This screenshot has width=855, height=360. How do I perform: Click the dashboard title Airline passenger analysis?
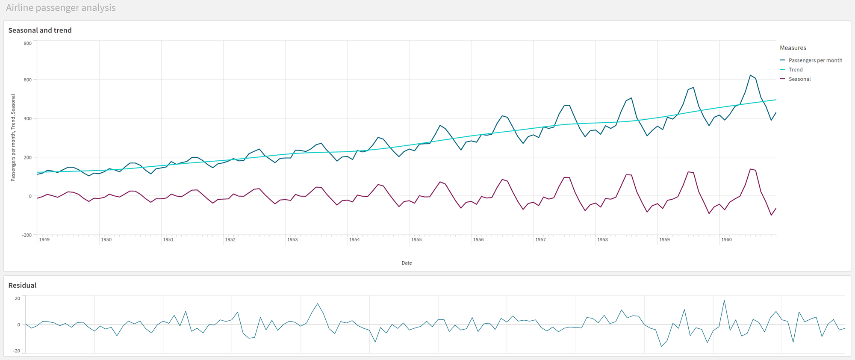coord(61,8)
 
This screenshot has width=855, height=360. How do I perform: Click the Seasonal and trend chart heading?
coord(40,30)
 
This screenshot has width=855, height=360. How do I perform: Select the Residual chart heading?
coord(22,285)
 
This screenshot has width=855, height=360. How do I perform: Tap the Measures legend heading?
coord(793,48)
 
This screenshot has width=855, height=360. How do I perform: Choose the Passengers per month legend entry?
coord(815,60)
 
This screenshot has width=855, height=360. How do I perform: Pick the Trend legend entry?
coord(795,70)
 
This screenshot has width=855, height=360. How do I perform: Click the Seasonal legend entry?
coord(799,79)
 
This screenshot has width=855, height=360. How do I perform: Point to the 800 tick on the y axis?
coord(27,43)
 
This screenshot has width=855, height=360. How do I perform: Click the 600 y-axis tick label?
coord(27,80)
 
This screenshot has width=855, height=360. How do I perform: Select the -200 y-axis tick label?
coord(27,235)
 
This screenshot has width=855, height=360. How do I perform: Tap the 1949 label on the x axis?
coord(44,239)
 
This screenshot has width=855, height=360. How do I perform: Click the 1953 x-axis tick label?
coord(292,239)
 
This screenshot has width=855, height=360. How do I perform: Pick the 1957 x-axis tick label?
coord(540,239)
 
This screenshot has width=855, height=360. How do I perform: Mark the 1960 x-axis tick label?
coord(726,239)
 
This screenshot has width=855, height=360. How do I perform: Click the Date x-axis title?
coord(407,263)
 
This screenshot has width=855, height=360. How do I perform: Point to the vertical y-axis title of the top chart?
coord(13,138)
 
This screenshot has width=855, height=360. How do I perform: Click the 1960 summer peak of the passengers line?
coord(750,75)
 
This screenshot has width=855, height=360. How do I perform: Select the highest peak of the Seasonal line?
coord(750,169)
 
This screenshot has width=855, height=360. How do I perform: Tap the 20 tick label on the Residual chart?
coord(17,298)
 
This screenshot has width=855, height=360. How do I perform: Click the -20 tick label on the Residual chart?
coord(16,351)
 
